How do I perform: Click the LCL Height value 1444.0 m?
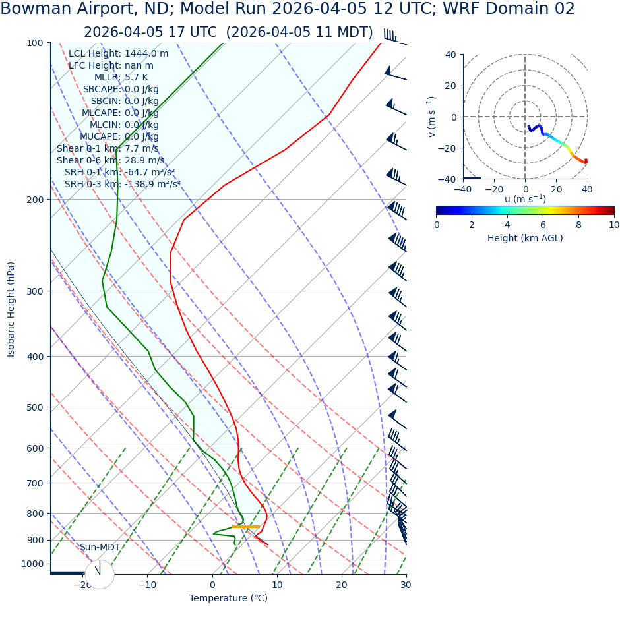146,54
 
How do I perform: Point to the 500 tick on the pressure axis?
34,407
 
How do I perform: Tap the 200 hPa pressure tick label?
34,200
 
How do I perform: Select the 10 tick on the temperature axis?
277,585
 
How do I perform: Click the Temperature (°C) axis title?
228,598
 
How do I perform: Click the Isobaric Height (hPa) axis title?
11,309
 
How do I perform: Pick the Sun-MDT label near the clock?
100,547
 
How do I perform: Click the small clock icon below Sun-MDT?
100,574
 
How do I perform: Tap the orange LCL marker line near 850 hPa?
245,527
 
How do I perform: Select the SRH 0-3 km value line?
122,185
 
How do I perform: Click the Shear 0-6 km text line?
110,160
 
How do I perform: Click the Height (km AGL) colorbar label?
525,238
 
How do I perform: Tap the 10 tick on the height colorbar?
614,225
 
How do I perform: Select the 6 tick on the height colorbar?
543,225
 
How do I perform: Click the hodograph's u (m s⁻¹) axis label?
525,199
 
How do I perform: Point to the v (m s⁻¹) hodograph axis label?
431,117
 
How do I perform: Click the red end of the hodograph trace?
585,162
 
